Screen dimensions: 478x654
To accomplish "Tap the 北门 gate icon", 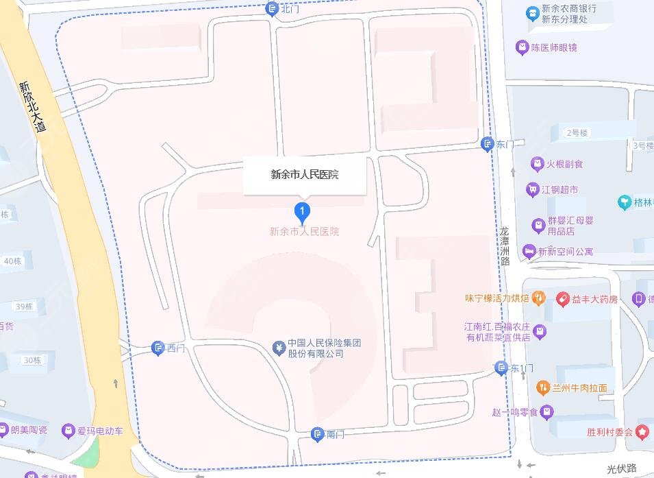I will [x=272, y=8].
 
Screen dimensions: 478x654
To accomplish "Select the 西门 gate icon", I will [x=158, y=348].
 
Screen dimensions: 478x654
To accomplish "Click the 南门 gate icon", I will [x=317, y=433].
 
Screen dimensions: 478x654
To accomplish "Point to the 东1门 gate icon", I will [x=502, y=368].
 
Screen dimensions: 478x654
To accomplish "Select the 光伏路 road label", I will [x=621, y=469].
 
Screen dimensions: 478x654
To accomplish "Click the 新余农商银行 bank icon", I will [x=532, y=14].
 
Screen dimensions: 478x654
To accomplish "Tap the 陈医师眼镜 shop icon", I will [x=523, y=47].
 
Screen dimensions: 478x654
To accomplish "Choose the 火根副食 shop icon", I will [x=537, y=164].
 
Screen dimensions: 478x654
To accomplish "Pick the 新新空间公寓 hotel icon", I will [x=529, y=252].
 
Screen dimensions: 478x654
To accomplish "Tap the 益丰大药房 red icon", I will [x=562, y=299].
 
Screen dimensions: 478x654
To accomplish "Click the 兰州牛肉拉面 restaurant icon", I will [x=543, y=387].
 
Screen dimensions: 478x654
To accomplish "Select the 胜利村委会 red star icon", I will [x=642, y=432].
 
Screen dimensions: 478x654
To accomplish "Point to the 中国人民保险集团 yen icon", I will [x=278, y=348].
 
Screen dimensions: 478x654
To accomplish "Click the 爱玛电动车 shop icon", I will [x=68, y=431].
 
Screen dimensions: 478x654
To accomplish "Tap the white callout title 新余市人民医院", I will [x=305, y=175].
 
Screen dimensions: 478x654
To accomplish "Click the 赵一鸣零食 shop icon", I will [x=546, y=412].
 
